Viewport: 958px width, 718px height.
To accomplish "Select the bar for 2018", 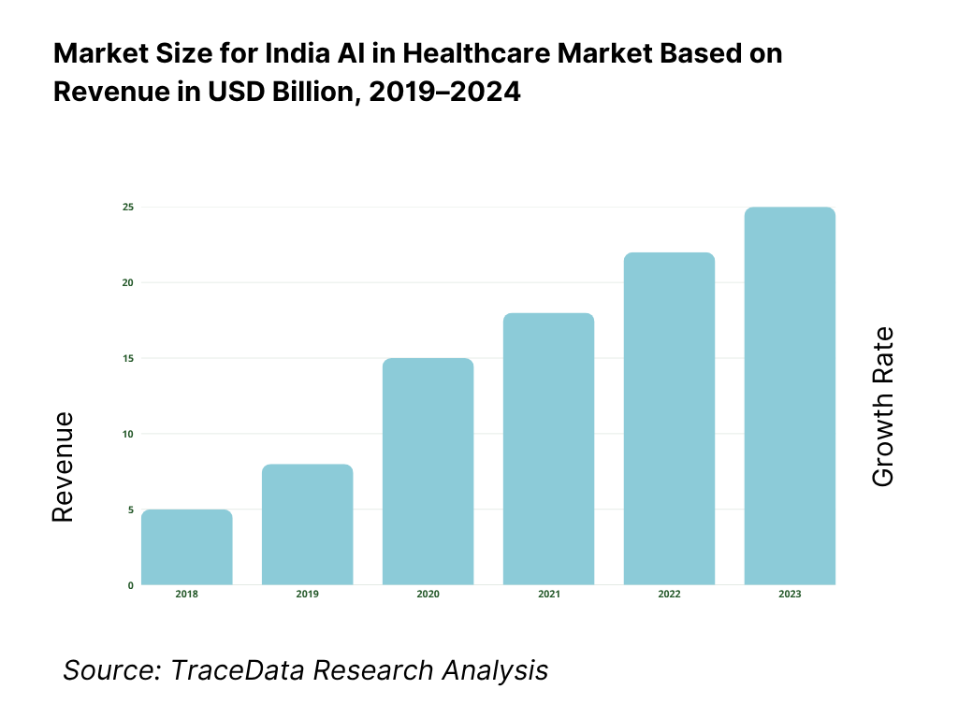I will [187, 548].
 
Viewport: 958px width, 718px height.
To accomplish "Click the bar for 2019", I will [308, 524].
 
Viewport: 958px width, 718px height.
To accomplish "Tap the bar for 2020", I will [428, 472].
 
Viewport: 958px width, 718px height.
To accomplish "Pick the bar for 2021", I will [549, 450].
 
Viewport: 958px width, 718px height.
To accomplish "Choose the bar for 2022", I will [670, 419].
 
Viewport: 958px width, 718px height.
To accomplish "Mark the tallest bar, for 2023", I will [791, 396].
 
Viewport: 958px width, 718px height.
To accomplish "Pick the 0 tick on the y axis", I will [130, 585].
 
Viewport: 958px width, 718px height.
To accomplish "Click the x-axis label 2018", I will [187, 595].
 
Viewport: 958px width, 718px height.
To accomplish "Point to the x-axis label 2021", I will [549, 595].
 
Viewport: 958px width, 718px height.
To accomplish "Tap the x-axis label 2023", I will [791, 595].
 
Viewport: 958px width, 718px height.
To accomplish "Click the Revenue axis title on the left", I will [62, 467].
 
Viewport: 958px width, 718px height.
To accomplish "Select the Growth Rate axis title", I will [882, 407].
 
